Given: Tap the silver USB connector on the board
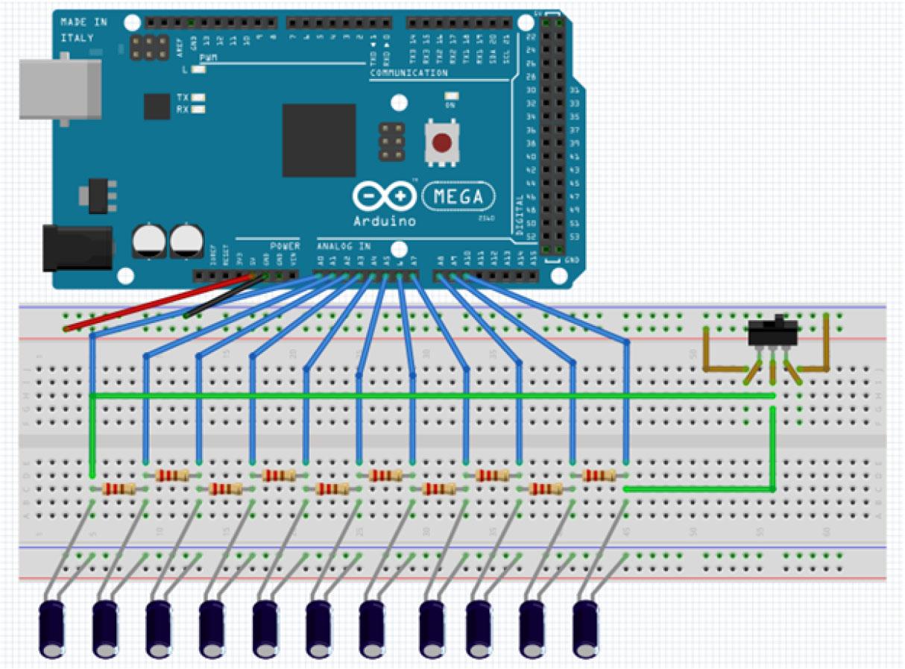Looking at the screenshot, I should click(x=60, y=89).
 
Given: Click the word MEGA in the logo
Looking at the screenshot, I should click(x=458, y=197).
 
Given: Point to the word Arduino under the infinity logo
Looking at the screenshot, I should click(x=385, y=222).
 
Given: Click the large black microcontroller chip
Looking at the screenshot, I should click(x=318, y=140).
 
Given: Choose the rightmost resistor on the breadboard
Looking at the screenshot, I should click(x=599, y=475).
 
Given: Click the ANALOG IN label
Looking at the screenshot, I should click(x=343, y=246).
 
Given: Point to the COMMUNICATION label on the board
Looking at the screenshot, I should click(x=409, y=73).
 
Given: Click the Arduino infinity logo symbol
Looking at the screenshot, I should click(x=384, y=197).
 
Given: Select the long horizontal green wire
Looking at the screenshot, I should click(x=432, y=396).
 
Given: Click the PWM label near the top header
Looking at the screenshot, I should click(x=208, y=58).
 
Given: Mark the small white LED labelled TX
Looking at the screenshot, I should click(x=198, y=98).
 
